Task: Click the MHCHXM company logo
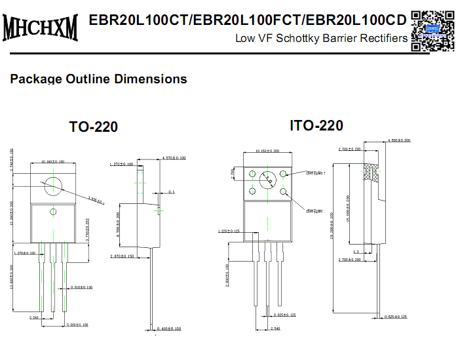(x=41, y=28)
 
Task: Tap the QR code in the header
(x=432, y=30)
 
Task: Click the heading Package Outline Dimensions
(x=98, y=79)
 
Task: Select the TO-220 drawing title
(x=94, y=127)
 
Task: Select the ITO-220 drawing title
(x=316, y=125)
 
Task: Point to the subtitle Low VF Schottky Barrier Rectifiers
(x=321, y=39)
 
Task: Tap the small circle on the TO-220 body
(x=53, y=210)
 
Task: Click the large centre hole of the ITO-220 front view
(x=268, y=181)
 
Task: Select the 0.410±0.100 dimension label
(x=168, y=329)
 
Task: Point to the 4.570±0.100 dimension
(x=173, y=158)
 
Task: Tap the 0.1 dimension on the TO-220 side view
(x=171, y=192)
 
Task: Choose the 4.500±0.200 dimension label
(x=398, y=140)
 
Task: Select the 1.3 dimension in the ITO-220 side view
(x=356, y=251)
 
